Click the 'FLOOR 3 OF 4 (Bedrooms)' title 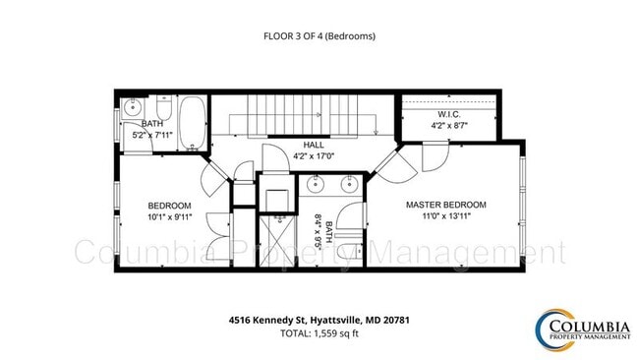click(319, 36)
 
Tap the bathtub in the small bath click(194, 123)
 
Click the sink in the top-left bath click(135, 109)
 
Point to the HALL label click(313, 145)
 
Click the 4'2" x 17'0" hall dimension click(313, 155)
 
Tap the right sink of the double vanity click(347, 184)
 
